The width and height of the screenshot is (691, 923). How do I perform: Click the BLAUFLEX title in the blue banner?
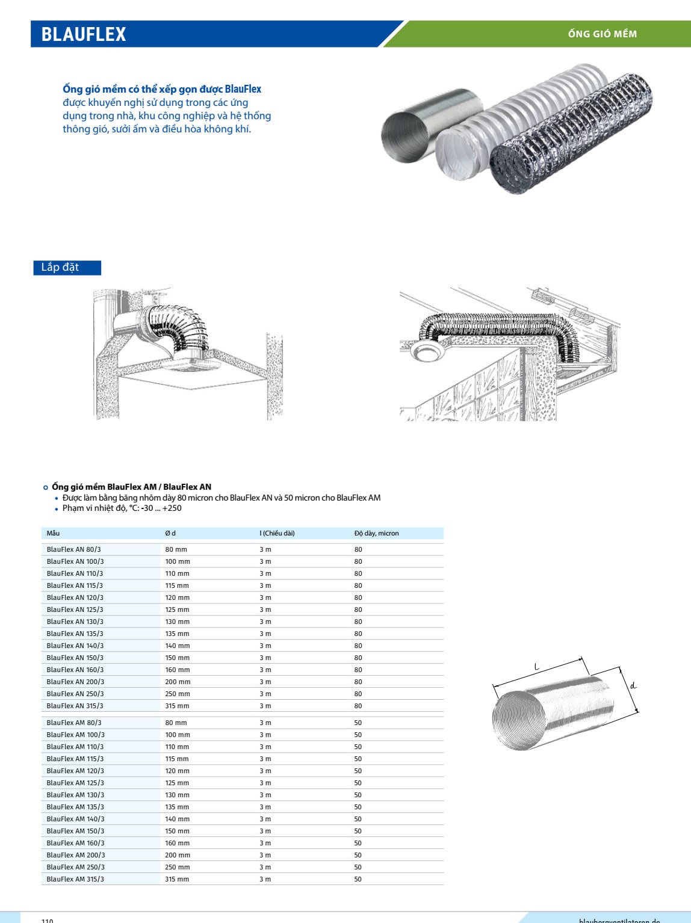(x=84, y=34)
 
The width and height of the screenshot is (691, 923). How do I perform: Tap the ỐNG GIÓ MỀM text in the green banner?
(x=602, y=34)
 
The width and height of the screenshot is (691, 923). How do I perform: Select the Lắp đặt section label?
(x=60, y=267)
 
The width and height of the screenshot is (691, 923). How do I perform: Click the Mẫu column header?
(x=54, y=533)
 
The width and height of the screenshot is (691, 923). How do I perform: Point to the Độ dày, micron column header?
(x=376, y=533)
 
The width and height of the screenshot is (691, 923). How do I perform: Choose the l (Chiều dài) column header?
(x=277, y=533)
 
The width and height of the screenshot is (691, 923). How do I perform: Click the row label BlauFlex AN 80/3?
(x=74, y=549)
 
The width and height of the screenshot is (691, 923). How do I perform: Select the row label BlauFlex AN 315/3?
(x=75, y=706)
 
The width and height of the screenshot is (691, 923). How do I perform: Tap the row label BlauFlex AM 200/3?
(x=76, y=855)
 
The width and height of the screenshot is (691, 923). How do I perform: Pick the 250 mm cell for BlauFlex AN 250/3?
(x=177, y=694)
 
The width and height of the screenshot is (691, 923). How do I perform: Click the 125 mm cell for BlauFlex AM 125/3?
(x=177, y=783)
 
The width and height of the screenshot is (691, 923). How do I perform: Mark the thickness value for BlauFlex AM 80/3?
(x=358, y=723)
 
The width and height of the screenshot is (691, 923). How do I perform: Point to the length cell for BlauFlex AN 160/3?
(x=265, y=670)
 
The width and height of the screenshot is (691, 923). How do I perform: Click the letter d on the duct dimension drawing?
(x=633, y=685)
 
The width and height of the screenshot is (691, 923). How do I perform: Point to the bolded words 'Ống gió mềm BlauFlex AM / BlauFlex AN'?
(x=131, y=487)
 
